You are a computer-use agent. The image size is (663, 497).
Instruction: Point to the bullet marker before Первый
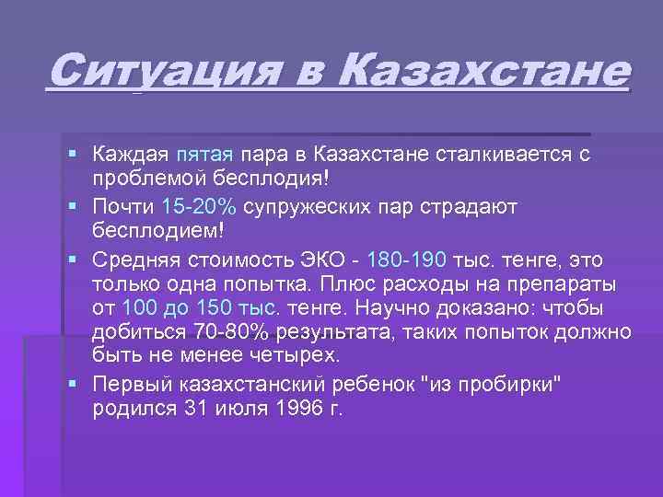(74, 384)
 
